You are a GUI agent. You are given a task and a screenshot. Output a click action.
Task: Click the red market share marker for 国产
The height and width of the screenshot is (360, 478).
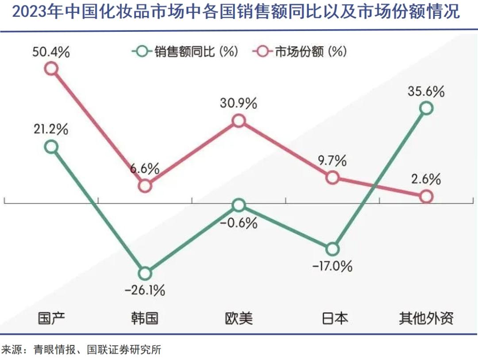[52, 69]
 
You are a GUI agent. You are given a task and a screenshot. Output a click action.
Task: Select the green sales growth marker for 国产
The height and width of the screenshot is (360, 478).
[52, 147]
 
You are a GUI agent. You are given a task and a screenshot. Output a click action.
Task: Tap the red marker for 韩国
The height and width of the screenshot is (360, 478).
[145, 186]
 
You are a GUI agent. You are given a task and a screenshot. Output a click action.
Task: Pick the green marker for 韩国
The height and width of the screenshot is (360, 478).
[145, 273]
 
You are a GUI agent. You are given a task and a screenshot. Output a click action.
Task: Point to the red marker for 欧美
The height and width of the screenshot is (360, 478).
[239, 121]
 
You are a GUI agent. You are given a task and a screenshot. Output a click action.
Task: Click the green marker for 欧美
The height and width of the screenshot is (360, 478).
[239, 205]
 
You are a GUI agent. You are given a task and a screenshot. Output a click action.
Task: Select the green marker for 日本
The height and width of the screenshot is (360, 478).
[332, 249]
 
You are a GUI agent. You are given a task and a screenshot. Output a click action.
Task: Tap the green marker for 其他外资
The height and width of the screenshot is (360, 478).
[426, 108]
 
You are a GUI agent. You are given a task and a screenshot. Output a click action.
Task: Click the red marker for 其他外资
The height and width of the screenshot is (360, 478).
[426, 196]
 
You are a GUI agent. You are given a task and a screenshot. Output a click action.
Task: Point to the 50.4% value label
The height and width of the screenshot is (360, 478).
[51, 52]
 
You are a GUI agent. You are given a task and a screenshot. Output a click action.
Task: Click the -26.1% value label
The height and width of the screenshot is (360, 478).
[145, 290]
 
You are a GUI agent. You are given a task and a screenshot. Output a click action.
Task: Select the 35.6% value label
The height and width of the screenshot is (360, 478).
[426, 92]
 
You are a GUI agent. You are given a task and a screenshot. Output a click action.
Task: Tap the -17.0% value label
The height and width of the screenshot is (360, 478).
[332, 266]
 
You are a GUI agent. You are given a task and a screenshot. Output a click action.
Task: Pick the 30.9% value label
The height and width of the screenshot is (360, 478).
[239, 104]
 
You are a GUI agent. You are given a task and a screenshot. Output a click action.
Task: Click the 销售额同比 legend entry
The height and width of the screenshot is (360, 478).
[185, 52]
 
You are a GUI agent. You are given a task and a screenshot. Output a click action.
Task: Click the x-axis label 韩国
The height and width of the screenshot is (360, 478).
[145, 318]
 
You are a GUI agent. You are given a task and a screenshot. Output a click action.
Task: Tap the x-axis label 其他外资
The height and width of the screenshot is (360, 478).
[426, 318]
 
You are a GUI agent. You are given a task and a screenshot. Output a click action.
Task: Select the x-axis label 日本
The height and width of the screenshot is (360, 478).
[332, 318]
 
